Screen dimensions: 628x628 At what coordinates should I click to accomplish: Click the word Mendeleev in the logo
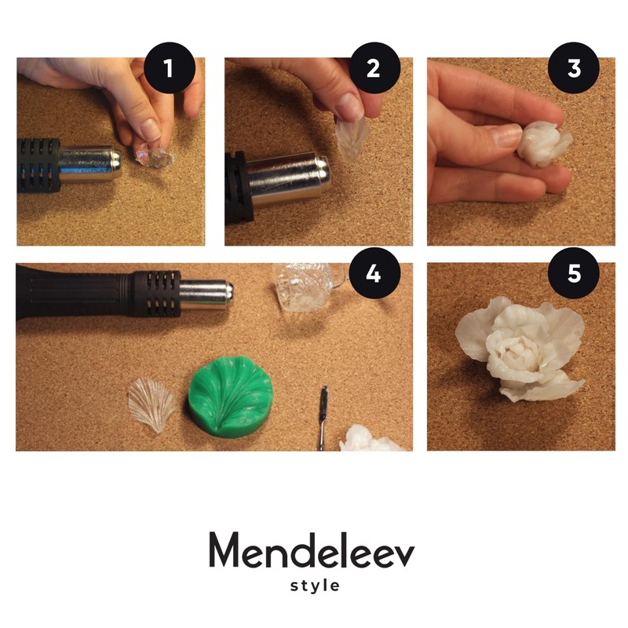312,551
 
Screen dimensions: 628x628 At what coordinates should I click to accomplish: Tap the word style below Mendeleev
314,586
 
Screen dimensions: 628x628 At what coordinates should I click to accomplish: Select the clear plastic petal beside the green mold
152,403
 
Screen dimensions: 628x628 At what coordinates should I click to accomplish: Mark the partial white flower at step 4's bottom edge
369,440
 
